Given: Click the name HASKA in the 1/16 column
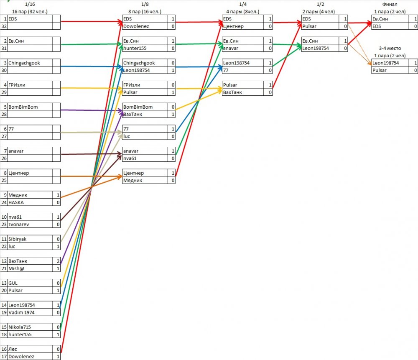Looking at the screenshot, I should [16, 202].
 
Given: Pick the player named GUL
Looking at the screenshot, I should [13, 283].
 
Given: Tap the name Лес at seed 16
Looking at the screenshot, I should [13, 349].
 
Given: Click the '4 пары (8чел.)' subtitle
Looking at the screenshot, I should [242, 11].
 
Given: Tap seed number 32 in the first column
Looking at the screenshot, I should [4, 26].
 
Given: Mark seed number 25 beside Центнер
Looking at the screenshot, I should [4, 180].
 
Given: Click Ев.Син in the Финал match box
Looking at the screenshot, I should [381, 19].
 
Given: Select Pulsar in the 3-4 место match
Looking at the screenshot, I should [380, 70].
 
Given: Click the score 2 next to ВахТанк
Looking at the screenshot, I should [56, 261].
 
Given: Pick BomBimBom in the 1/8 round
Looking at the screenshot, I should [138, 107].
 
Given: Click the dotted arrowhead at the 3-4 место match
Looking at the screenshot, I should [370, 64].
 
